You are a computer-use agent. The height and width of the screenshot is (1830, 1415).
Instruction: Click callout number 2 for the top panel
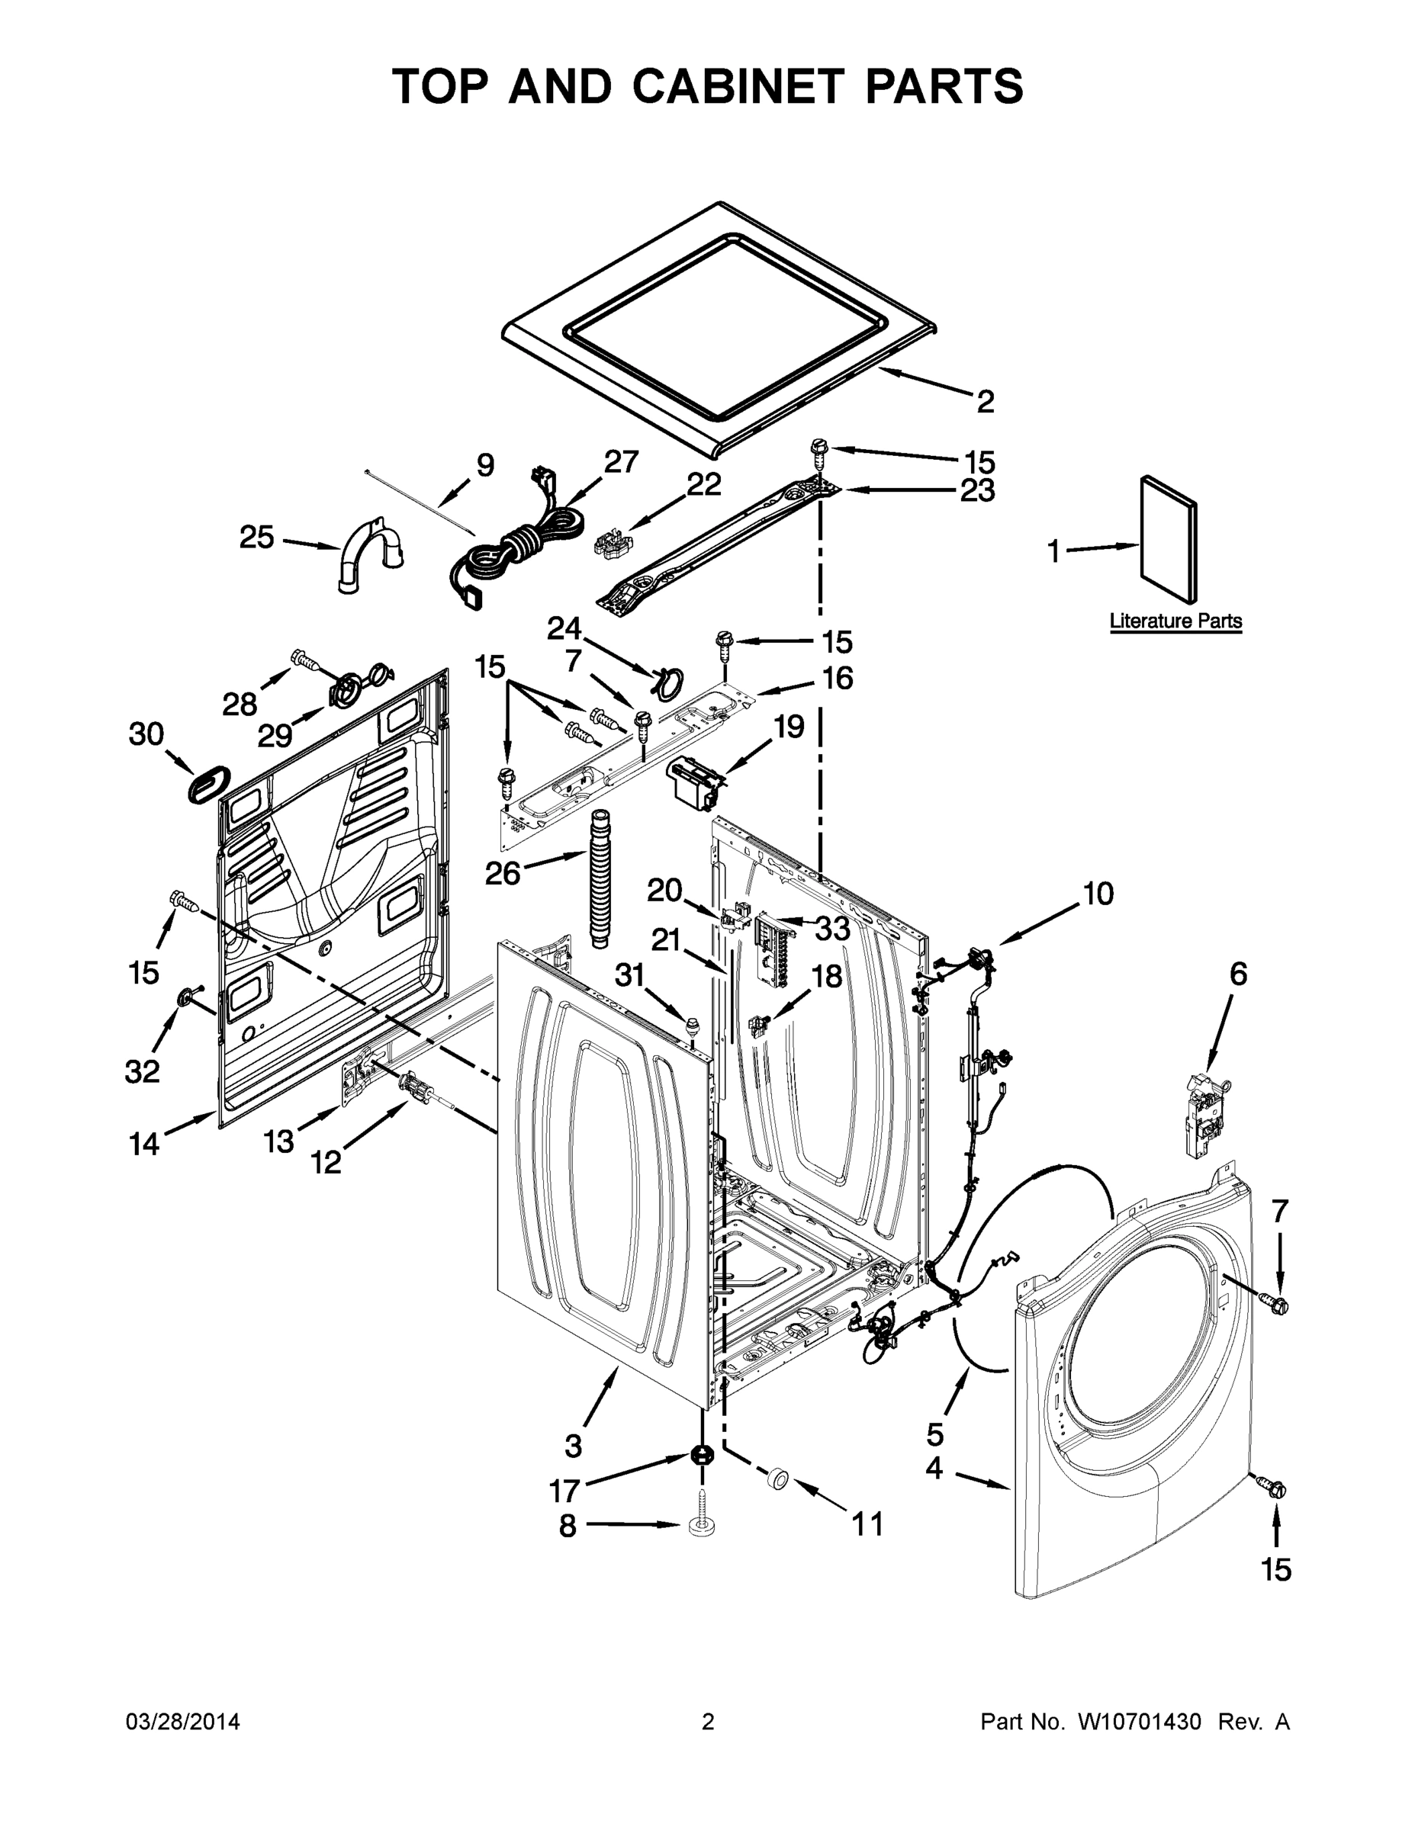point(985,401)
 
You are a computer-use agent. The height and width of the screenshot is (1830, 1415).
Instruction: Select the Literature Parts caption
point(1175,621)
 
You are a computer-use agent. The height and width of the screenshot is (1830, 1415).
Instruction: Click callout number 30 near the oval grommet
point(146,734)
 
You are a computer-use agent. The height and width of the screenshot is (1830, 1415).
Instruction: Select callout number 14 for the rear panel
point(144,1143)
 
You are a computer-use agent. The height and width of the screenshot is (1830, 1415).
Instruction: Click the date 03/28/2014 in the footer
point(183,1722)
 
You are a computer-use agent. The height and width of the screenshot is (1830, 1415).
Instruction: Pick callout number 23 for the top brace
point(976,490)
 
